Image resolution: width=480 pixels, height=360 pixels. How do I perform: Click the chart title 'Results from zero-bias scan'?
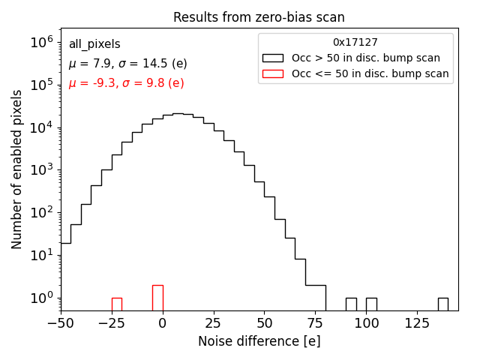(x=259, y=17)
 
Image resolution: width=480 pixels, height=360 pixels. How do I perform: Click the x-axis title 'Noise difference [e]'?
(x=259, y=341)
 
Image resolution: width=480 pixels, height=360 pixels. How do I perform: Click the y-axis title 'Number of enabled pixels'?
(x=17, y=170)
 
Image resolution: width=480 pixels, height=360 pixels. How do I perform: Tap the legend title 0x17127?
(x=355, y=43)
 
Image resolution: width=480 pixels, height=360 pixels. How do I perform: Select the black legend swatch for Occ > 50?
(x=273, y=58)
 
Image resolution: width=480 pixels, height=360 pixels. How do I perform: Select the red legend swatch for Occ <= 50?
(x=273, y=73)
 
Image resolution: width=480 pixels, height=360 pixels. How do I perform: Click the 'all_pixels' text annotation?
(x=94, y=44)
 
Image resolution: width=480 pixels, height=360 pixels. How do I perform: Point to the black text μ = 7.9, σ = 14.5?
(x=127, y=64)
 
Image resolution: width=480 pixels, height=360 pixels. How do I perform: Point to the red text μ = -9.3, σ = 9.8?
(x=126, y=83)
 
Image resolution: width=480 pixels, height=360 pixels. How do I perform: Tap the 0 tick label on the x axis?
(x=162, y=323)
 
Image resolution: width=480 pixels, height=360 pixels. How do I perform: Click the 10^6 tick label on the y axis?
(x=40, y=43)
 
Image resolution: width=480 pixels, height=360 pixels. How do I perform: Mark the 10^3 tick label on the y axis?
(x=40, y=170)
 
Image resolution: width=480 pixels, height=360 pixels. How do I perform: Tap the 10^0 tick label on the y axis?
(x=40, y=298)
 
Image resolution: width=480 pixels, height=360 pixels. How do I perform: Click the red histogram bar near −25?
(x=116, y=304)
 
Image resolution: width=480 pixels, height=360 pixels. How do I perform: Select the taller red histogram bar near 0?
(x=157, y=298)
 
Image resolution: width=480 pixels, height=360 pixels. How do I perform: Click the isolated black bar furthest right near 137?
(x=443, y=304)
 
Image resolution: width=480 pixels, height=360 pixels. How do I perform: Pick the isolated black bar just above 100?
(x=371, y=304)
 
